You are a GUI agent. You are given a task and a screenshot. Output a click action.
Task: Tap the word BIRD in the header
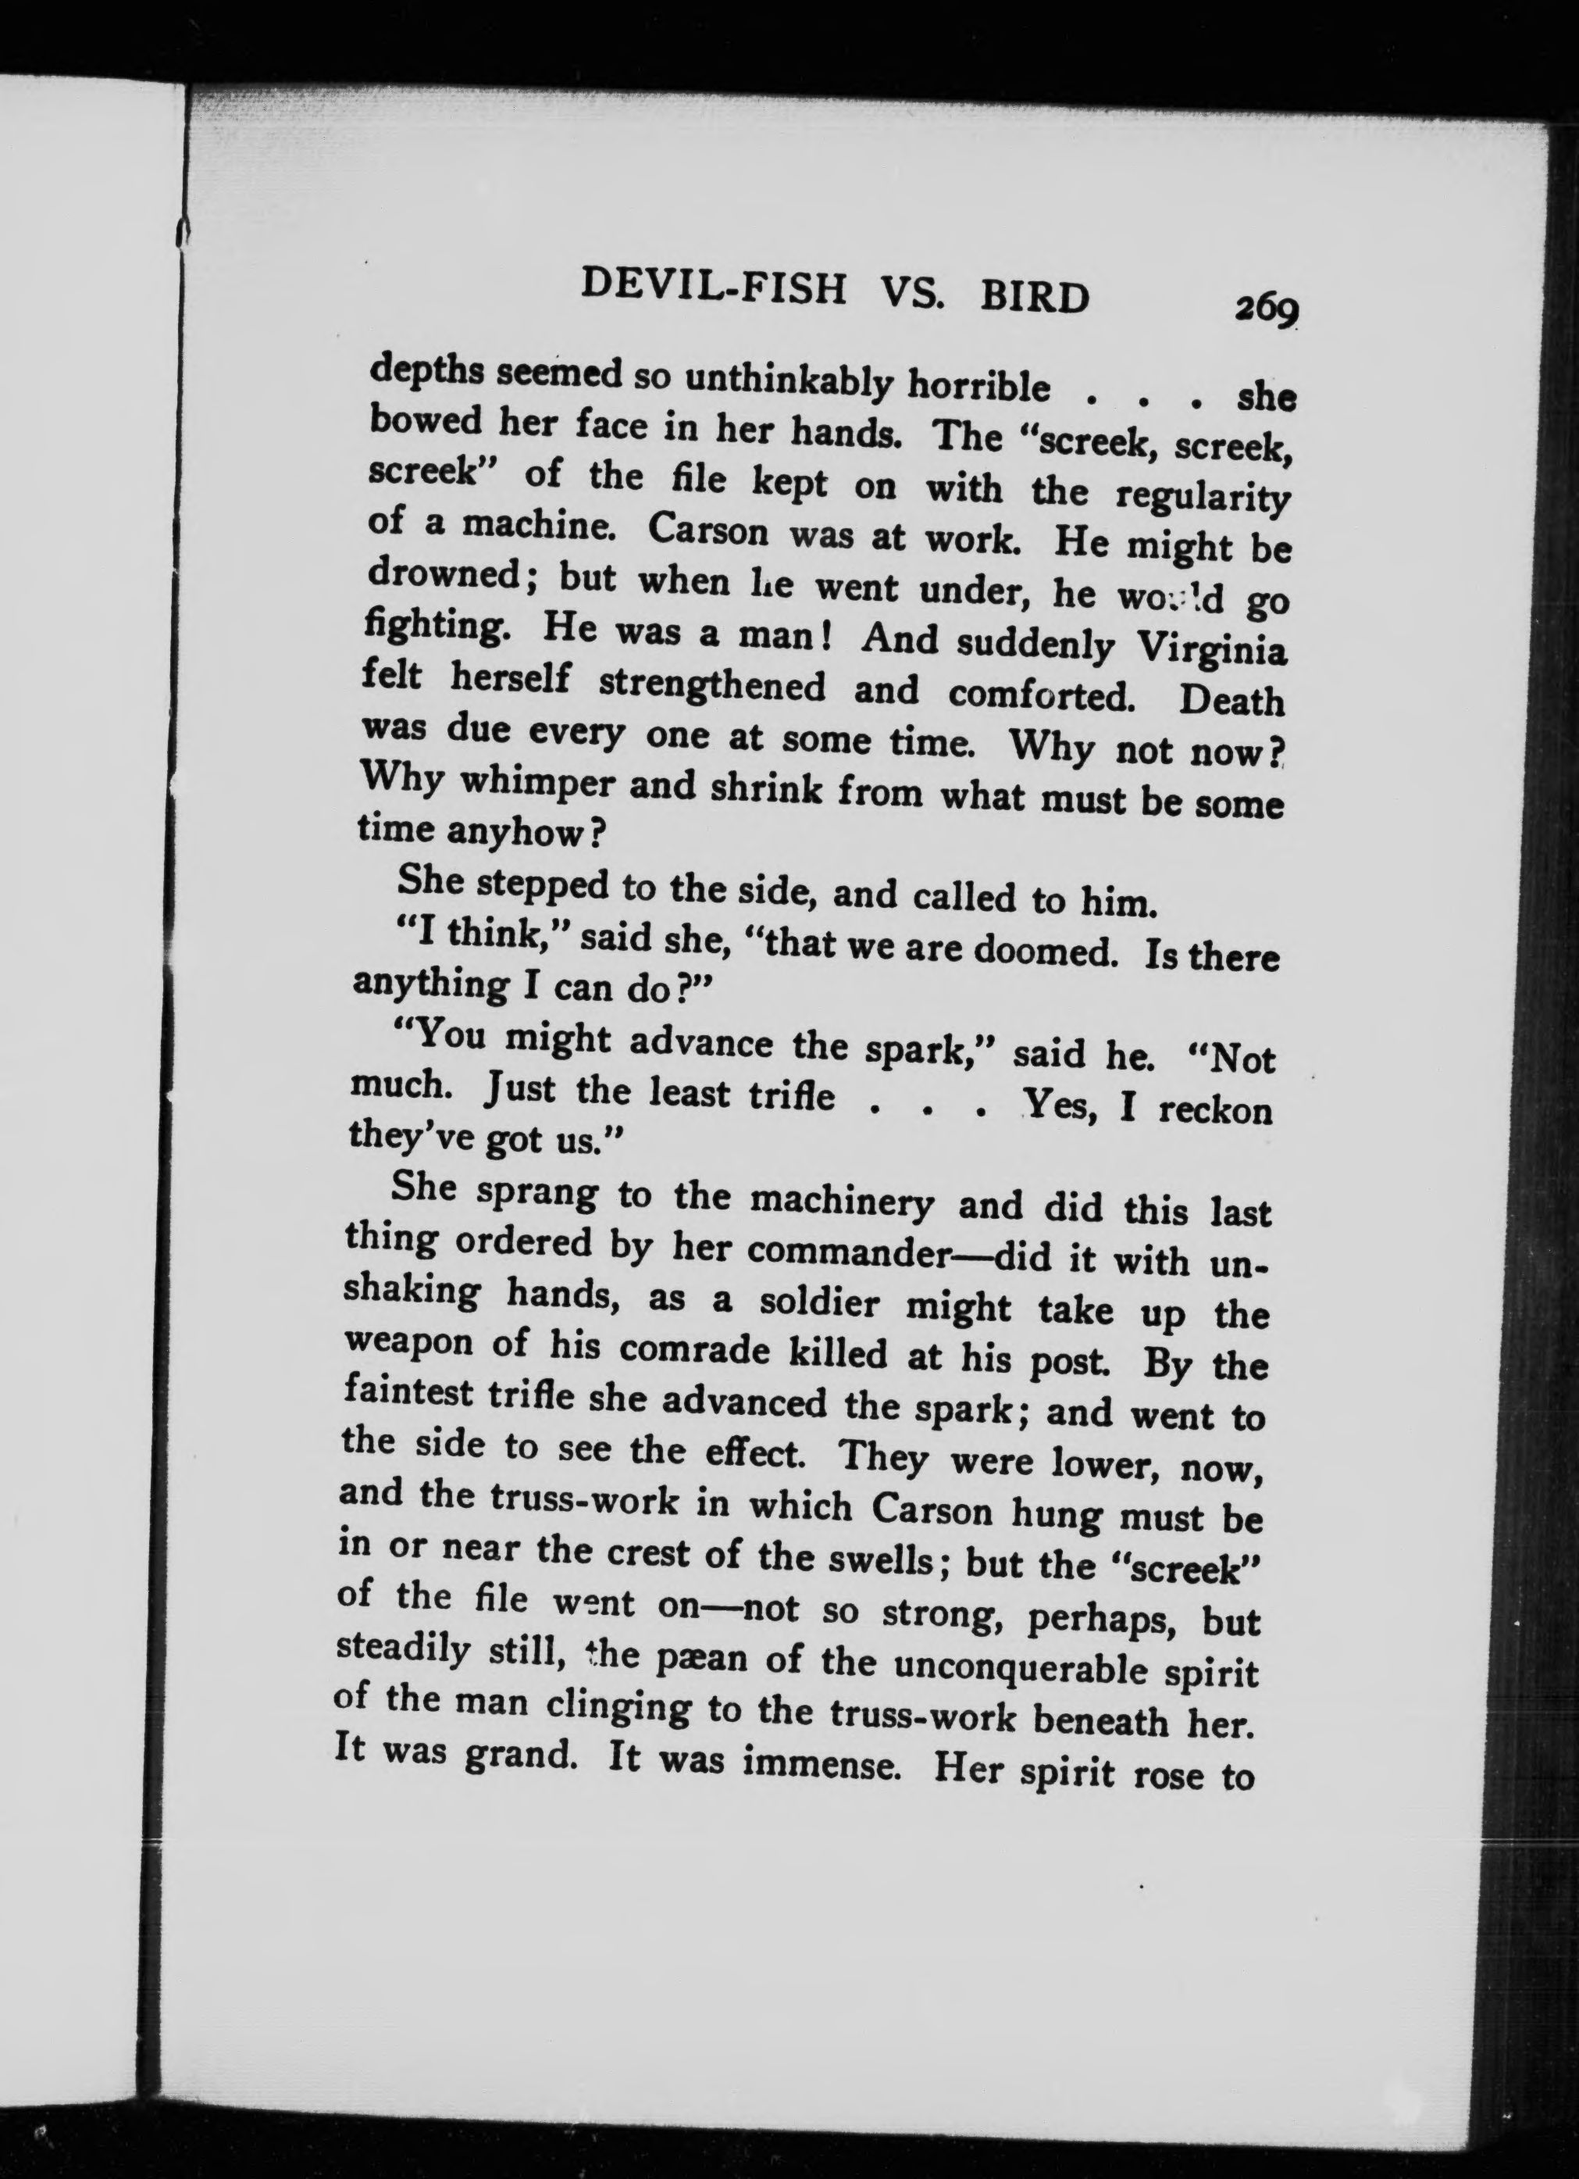(1035, 297)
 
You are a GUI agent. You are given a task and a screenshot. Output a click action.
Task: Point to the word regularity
(1203, 498)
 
